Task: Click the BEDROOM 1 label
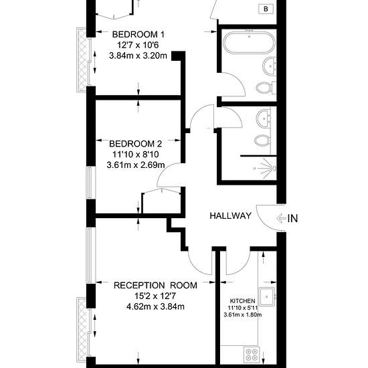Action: point(139,35)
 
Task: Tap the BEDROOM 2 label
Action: point(135,144)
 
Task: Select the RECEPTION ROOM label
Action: point(155,286)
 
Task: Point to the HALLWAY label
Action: point(230,215)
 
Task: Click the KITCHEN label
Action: point(242,301)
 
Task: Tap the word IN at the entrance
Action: point(292,219)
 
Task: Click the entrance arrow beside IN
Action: point(281,218)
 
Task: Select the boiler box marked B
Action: point(266,9)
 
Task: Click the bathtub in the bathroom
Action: point(249,43)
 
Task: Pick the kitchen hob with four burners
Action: point(252,355)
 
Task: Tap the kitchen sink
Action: point(267,297)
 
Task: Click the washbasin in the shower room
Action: point(264,118)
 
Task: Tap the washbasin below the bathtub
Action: point(270,66)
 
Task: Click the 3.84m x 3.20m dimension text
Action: point(138,56)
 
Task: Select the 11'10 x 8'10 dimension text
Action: point(135,154)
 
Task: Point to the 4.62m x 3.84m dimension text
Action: point(155,306)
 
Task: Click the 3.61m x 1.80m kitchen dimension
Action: point(243,314)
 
